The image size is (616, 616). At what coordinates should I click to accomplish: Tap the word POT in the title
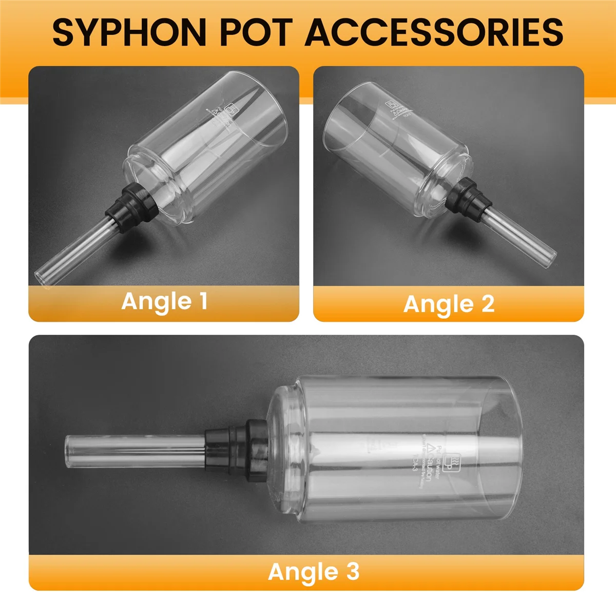click(257, 32)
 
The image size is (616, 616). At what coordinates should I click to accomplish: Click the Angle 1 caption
click(164, 301)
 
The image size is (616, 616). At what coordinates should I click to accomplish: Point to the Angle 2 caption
click(449, 304)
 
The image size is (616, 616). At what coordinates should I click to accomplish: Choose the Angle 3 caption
click(313, 572)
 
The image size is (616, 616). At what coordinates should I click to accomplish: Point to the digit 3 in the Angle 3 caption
click(352, 571)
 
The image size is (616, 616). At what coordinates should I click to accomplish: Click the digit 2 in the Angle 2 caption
click(488, 303)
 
